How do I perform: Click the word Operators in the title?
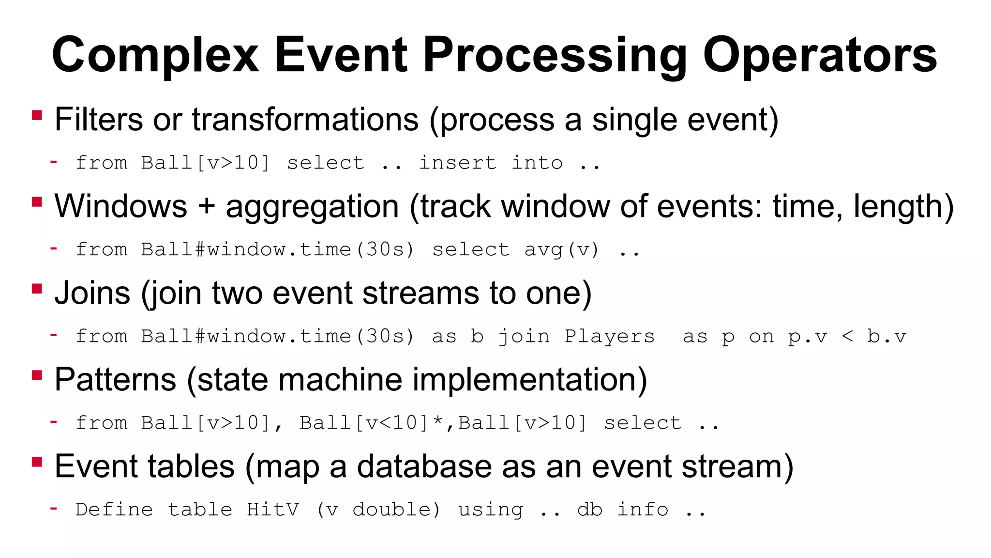820,55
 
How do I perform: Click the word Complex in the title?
156,55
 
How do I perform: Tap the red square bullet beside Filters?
37,115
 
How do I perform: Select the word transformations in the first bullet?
305,120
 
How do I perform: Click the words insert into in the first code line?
491,163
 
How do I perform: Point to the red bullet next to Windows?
37,201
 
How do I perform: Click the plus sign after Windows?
206,206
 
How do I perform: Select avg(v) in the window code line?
562,249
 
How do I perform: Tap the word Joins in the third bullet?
92,293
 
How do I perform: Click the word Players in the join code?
610,336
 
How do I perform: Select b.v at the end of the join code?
886,336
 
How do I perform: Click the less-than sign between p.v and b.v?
847,336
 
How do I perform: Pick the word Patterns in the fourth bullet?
115,379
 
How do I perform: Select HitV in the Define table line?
273,510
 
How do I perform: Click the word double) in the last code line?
396,510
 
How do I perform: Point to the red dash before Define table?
54,508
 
